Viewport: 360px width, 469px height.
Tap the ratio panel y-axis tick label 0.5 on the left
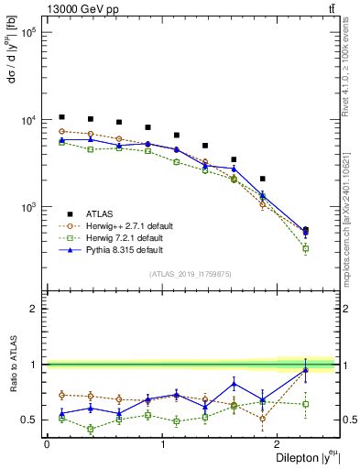point(32,420)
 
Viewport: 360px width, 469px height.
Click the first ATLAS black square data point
point(61,117)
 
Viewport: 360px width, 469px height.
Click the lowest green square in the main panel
point(305,248)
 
